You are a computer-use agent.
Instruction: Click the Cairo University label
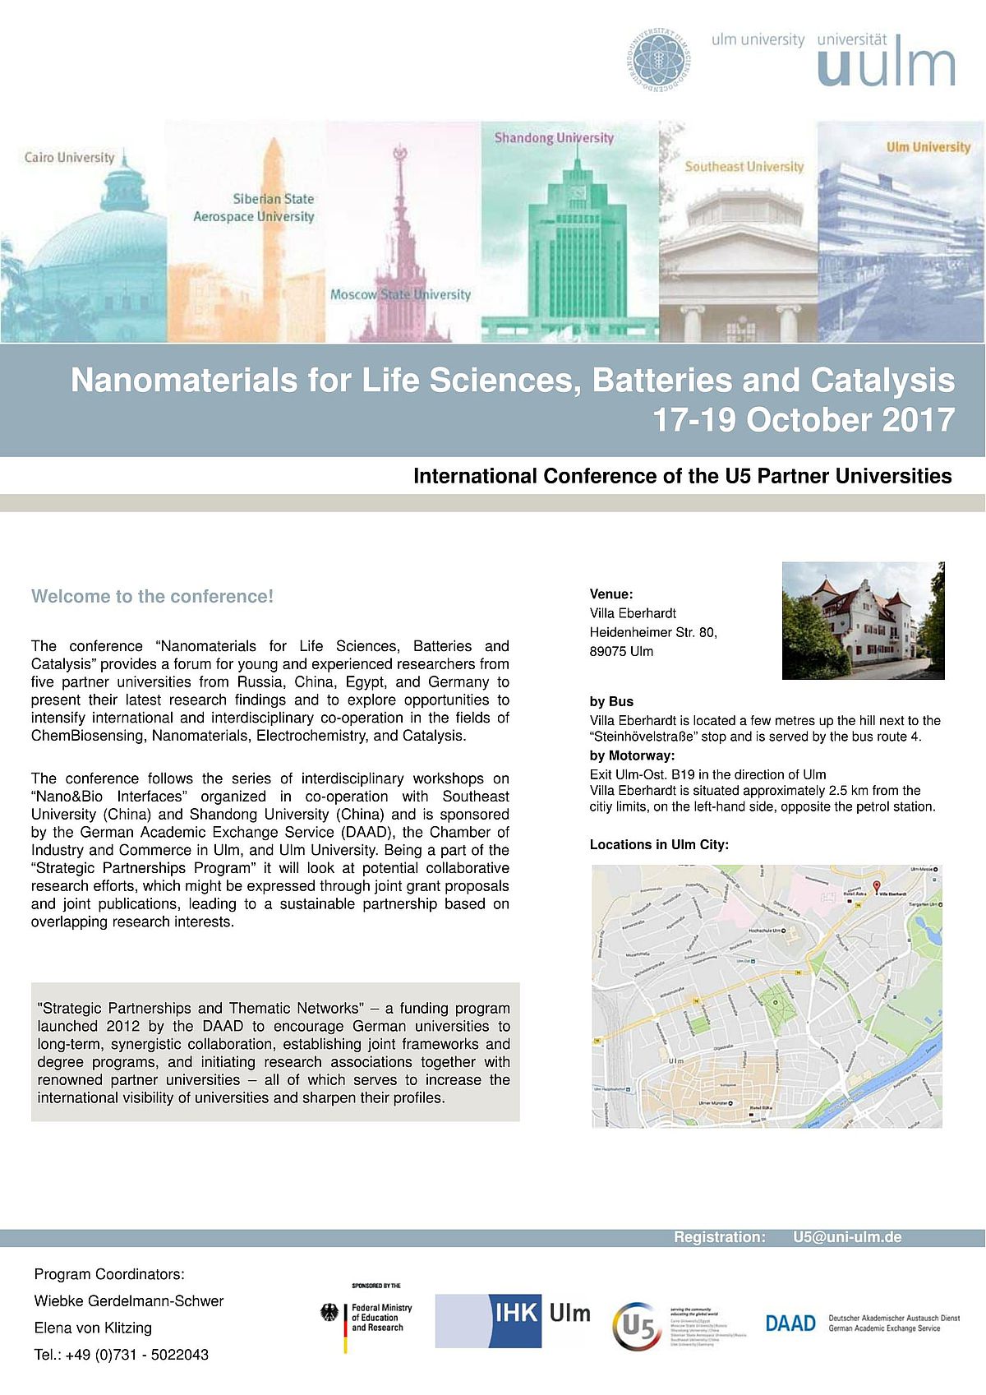(70, 158)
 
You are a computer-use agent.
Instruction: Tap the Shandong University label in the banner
(554, 138)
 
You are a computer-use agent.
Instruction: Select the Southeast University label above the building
(744, 167)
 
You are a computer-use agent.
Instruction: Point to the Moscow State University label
(400, 294)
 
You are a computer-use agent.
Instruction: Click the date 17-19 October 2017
(803, 420)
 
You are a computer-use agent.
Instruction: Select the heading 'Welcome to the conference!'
(152, 597)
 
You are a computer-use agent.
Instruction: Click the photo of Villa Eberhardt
(863, 621)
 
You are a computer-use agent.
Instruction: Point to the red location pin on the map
(876, 887)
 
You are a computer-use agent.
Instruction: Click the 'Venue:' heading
(611, 594)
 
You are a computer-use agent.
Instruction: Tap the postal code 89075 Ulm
(621, 652)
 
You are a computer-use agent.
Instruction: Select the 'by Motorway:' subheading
(632, 755)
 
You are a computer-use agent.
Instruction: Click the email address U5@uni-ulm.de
(847, 1237)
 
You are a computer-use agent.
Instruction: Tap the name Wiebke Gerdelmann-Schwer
(129, 1301)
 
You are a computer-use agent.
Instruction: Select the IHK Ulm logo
(514, 1321)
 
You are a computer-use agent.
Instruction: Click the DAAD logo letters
(790, 1323)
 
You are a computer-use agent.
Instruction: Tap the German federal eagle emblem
(329, 1313)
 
